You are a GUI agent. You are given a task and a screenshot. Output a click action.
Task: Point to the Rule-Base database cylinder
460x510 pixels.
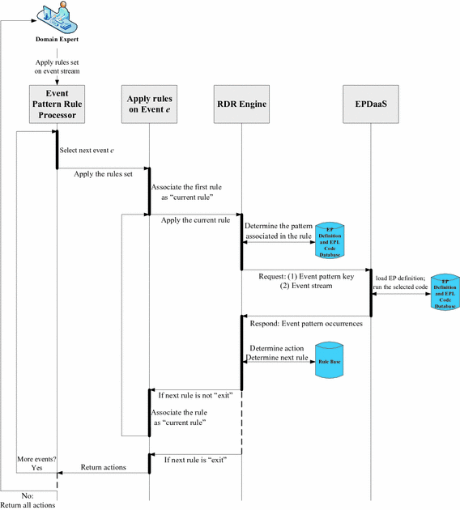[x=329, y=362]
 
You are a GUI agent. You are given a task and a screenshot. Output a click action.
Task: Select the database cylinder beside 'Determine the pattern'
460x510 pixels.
[x=329, y=239]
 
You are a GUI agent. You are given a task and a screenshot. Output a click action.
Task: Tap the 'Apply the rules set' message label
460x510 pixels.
[x=102, y=173]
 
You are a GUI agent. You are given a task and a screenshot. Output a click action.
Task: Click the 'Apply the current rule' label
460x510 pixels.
[x=194, y=219]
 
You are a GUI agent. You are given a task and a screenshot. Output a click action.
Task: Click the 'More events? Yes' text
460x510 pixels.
[x=36, y=464]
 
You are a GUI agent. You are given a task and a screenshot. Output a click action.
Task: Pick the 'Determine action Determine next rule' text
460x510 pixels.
[x=275, y=353]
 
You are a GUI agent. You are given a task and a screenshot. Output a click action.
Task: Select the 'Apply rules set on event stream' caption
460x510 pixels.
[x=57, y=66]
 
